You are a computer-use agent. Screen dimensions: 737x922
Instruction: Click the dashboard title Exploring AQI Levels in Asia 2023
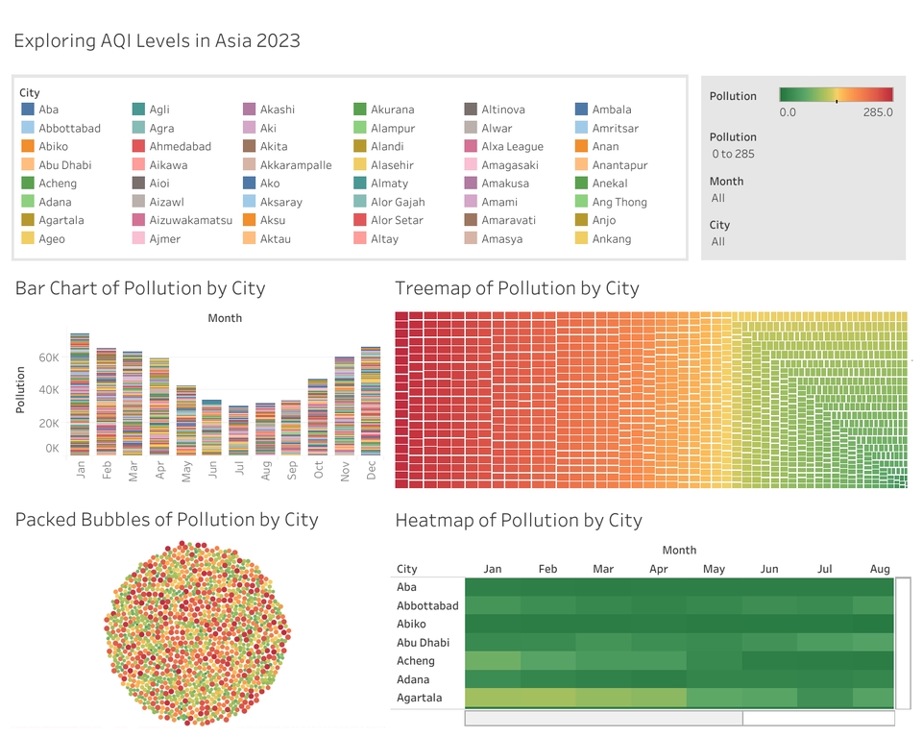pyautogui.click(x=157, y=40)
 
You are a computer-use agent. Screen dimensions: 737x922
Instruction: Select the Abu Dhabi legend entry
pyautogui.click(x=64, y=165)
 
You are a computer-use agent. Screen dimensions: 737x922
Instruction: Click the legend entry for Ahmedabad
pyautogui.click(x=180, y=147)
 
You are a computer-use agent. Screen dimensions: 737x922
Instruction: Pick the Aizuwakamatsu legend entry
pyautogui.click(x=190, y=220)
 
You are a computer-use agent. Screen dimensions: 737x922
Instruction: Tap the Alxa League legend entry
pyautogui.click(x=512, y=147)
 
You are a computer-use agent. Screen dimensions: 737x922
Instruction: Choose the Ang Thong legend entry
pyautogui.click(x=619, y=202)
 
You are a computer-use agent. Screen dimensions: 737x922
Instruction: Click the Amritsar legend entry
pyautogui.click(x=615, y=129)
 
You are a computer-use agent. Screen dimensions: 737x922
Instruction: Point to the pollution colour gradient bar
pyautogui.click(x=836, y=94)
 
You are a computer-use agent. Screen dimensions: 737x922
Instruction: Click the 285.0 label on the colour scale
pyautogui.click(x=877, y=112)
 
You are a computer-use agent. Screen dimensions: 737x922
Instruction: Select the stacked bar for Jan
pyautogui.click(x=80, y=394)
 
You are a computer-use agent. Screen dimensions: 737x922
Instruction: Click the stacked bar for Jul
pyautogui.click(x=238, y=430)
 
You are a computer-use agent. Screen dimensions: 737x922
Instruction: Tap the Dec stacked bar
pyautogui.click(x=371, y=401)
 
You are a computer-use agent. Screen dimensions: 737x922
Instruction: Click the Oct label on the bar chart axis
pyautogui.click(x=318, y=470)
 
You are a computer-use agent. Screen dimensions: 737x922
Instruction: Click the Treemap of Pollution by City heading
pyautogui.click(x=517, y=288)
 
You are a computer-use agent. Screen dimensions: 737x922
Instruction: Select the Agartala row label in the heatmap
pyautogui.click(x=420, y=698)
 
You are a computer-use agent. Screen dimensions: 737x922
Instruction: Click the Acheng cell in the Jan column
pyautogui.click(x=493, y=661)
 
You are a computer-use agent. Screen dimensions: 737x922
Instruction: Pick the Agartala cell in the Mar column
pyautogui.click(x=603, y=698)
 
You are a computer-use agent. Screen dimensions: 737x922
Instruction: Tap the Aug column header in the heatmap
pyautogui.click(x=880, y=569)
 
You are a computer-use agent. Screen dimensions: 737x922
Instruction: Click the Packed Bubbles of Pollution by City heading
pyautogui.click(x=166, y=520)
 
